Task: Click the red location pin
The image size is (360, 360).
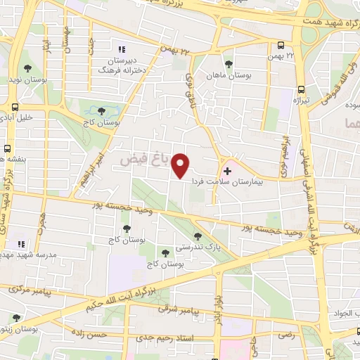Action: (x=181, y=167)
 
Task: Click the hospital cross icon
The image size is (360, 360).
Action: (x=227, y=171)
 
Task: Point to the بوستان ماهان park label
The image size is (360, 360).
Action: (x=224, y=74)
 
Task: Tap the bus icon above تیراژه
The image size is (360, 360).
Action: (x=301, y=90)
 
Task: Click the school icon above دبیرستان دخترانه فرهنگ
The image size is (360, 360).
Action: (x=121, y=49)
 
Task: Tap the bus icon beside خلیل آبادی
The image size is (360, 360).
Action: (x=13, y=107)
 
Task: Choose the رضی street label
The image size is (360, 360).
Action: (x=286, y=336)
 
